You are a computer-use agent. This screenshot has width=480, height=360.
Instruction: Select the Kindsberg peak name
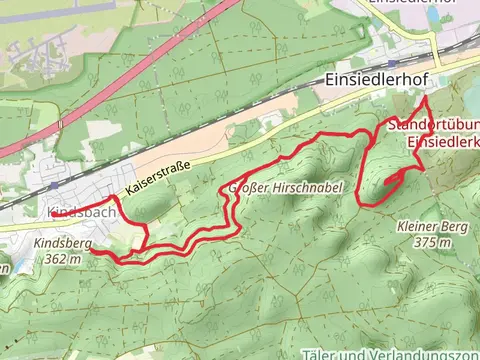(62, 243)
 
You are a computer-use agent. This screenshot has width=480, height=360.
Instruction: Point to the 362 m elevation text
(62, 259)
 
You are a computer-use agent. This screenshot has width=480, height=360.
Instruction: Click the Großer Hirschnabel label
(287, 187)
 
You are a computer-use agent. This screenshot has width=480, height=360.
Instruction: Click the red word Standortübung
(431, 126)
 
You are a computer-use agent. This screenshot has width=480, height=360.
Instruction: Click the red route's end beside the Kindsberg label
(93, 251)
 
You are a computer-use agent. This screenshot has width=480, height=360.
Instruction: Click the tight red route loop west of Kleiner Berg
(392, 177)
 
